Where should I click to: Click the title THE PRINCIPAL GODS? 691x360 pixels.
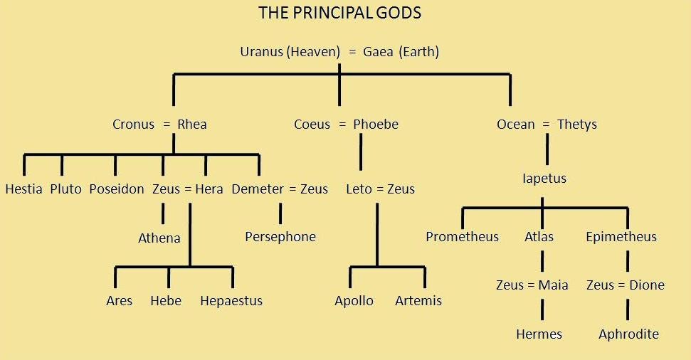[x=339, y=14]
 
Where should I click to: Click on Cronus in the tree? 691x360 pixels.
[x=133, y=125]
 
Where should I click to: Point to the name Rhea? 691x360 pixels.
[x=192, y=125]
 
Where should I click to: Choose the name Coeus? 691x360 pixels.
[x=312, y=125]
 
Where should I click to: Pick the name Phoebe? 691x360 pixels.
[x=376, y=125]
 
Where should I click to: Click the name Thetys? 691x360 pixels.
[x=577, y=125]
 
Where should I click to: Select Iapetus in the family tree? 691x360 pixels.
[x=544, y=179]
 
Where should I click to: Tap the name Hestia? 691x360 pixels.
[x=23, y=189]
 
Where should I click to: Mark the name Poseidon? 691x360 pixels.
[x=117, y=189]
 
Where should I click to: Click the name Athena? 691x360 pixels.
[x=159, y=238]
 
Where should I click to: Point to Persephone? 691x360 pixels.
[x=280, y=237]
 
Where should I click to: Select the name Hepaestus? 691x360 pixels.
[x=231, y=301]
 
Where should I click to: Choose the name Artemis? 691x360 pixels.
[x=418, y=301]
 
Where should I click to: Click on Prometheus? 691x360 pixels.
[x=463, y=237]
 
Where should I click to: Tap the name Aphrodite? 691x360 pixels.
[x=628, y=334]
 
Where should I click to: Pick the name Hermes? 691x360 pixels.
[x=539, y=334]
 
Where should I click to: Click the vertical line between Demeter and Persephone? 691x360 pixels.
[x=280, y=213]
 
